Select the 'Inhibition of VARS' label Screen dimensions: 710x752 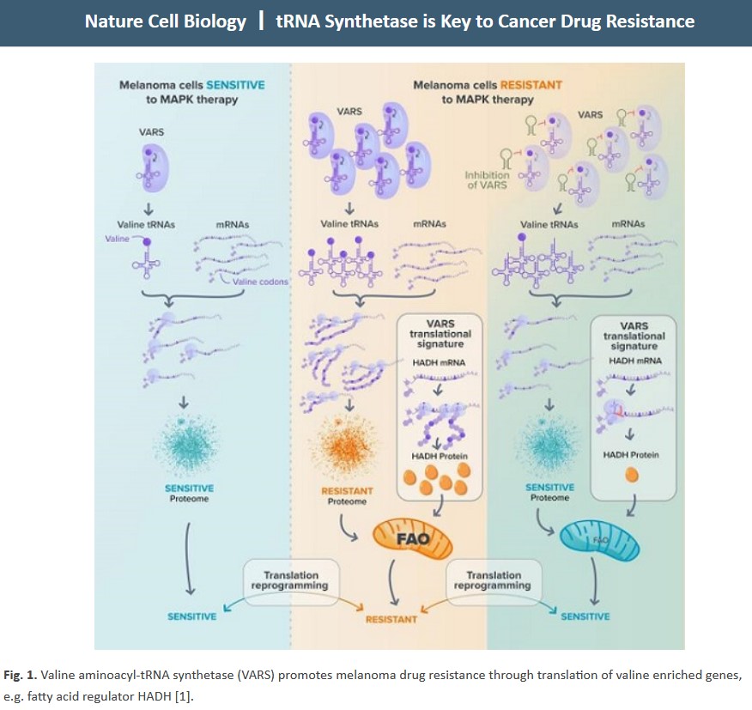click(487, 179)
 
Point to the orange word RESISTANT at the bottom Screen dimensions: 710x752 click(391, 618)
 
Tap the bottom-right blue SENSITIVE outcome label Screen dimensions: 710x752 click(585, 616)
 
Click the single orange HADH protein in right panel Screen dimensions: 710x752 click(633, 474)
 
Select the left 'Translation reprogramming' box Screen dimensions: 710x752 click(291, 580)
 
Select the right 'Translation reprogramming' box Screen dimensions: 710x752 click(494, 580)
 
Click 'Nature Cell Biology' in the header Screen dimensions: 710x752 click(165, 21)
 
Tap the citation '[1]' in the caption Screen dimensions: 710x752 click(182, 695)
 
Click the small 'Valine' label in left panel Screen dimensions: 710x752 click(117, 240)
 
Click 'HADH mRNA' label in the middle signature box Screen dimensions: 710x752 click(440, 362)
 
